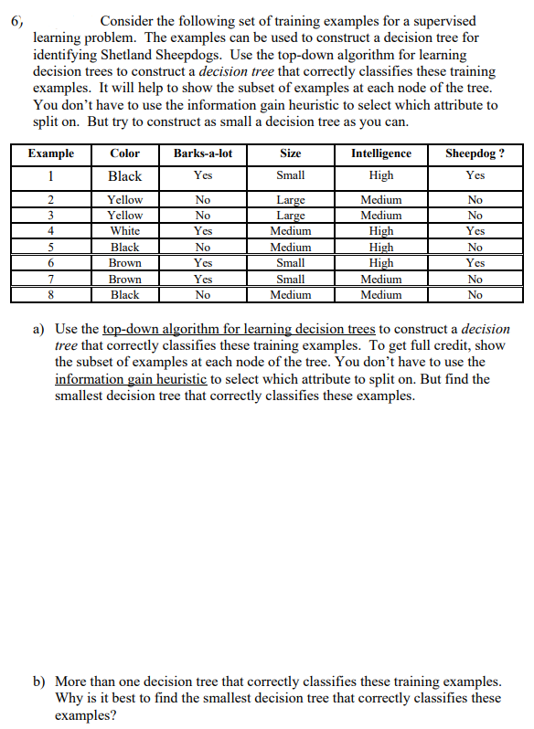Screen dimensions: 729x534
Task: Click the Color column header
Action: click(124, 153)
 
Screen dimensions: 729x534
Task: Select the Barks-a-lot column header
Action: click(203, 153)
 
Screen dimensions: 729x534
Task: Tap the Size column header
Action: click(291, 153)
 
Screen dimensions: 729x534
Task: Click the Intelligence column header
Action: click(381, 153)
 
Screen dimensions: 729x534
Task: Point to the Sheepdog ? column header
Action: click(475, 153)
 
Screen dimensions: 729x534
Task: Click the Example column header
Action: click(51, 153)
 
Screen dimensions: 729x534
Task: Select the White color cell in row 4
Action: click(124, 231)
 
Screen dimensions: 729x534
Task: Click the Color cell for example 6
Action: click(124, 263)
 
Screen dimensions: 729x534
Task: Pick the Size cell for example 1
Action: click(291, 175)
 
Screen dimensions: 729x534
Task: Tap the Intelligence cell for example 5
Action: click(381, 248)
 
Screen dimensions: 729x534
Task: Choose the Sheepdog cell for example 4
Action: click(475, 231)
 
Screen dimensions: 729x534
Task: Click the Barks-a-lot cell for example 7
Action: click(203, 280)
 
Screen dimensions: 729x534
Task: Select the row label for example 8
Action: click(51, 295)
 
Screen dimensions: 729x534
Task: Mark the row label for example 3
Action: click(51, 216)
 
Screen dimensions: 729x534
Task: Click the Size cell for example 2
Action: click(291, 199)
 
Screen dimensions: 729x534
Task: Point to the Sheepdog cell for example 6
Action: click(475, 263)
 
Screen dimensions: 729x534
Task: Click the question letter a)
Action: click(39, 329)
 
